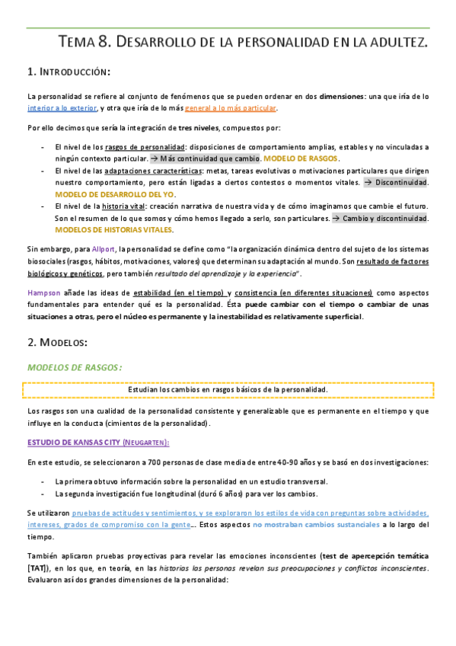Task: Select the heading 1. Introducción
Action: coord(69,72)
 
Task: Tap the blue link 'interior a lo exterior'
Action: coord(61,108)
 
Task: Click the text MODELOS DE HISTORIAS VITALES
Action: coord(114,229)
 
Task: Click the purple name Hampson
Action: coord(43,293)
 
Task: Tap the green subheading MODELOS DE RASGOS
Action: coord(74,367)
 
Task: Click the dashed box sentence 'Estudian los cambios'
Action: coord(228,390)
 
